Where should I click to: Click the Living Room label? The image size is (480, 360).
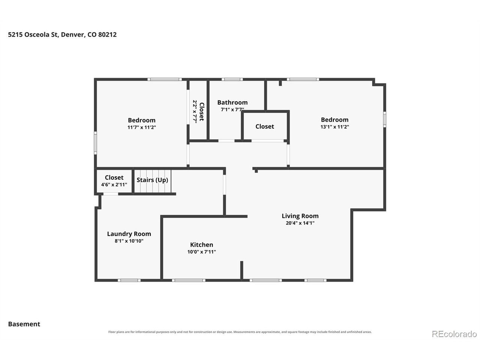(300, 216)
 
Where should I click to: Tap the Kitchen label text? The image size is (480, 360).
(201, 244)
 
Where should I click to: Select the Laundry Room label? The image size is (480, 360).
(129, 234)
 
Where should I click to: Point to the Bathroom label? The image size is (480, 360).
(232, 102)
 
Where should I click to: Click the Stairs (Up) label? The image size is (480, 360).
(152, 180)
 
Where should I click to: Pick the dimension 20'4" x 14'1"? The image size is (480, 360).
(300, 223)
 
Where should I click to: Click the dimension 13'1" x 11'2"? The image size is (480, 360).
(334, 126)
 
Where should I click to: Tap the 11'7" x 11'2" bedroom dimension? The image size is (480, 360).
(142, 127)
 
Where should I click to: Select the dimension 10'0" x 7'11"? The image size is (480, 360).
(201, 252)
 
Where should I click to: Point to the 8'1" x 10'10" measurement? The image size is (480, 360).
(129, 241)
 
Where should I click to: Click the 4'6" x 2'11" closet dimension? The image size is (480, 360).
(114, 185)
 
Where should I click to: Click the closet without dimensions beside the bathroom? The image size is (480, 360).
(265, 126)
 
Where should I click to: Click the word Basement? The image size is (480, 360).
(24, 324)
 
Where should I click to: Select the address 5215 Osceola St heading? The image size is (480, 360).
(62, 34)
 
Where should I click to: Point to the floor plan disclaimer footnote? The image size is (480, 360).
(240, 332)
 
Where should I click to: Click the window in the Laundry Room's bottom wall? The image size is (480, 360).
(129, 280)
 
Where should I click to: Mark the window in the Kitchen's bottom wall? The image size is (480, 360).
(189, 280)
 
